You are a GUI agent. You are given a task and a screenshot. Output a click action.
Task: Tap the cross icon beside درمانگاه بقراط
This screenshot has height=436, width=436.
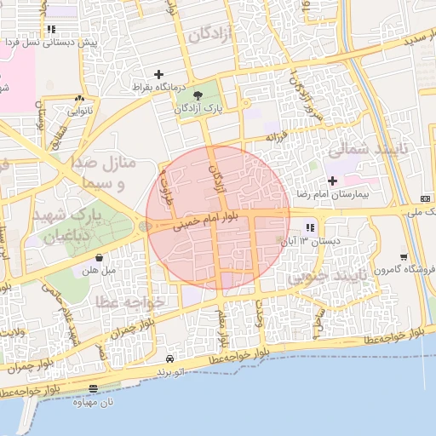pyautogui.click(x=158, y=75)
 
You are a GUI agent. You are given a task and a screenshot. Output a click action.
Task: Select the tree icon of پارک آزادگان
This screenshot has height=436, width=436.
pyautogui.click(x=198, y=95)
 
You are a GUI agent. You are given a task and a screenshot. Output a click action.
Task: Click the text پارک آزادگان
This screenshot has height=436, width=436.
pyautogui.click(x=198, y=109)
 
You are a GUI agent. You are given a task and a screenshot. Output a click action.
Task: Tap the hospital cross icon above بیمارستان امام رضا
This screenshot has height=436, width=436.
pyautogui.click(x=332, y=181)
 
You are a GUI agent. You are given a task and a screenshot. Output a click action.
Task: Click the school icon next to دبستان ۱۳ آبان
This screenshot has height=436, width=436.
pyautogui.click(x=310, y=227)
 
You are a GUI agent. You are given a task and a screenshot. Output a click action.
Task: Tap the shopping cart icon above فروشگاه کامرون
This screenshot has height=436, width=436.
pyautogui.click(x=403, y=256)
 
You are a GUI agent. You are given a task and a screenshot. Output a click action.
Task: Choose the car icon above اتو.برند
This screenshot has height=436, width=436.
pyautogui.click(x=170, y=359)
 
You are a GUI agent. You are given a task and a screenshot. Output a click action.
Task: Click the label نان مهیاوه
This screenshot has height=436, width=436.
pyautogui.click(x=93, y=401)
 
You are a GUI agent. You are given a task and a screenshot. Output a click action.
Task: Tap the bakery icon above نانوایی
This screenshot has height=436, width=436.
pyautogui.click(x=80, y=98)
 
